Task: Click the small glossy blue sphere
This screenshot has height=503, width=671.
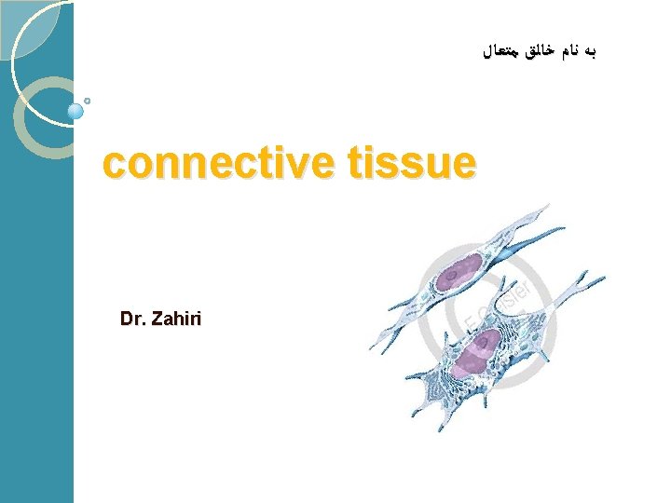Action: (x=76, y=111)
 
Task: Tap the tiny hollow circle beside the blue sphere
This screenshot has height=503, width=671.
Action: (x=88, y=100)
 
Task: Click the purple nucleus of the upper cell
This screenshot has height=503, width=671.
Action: (x=459, y=272)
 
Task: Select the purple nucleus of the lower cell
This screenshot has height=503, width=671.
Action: (x=476, y=354)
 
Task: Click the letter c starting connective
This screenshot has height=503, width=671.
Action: (x=115, y=165)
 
